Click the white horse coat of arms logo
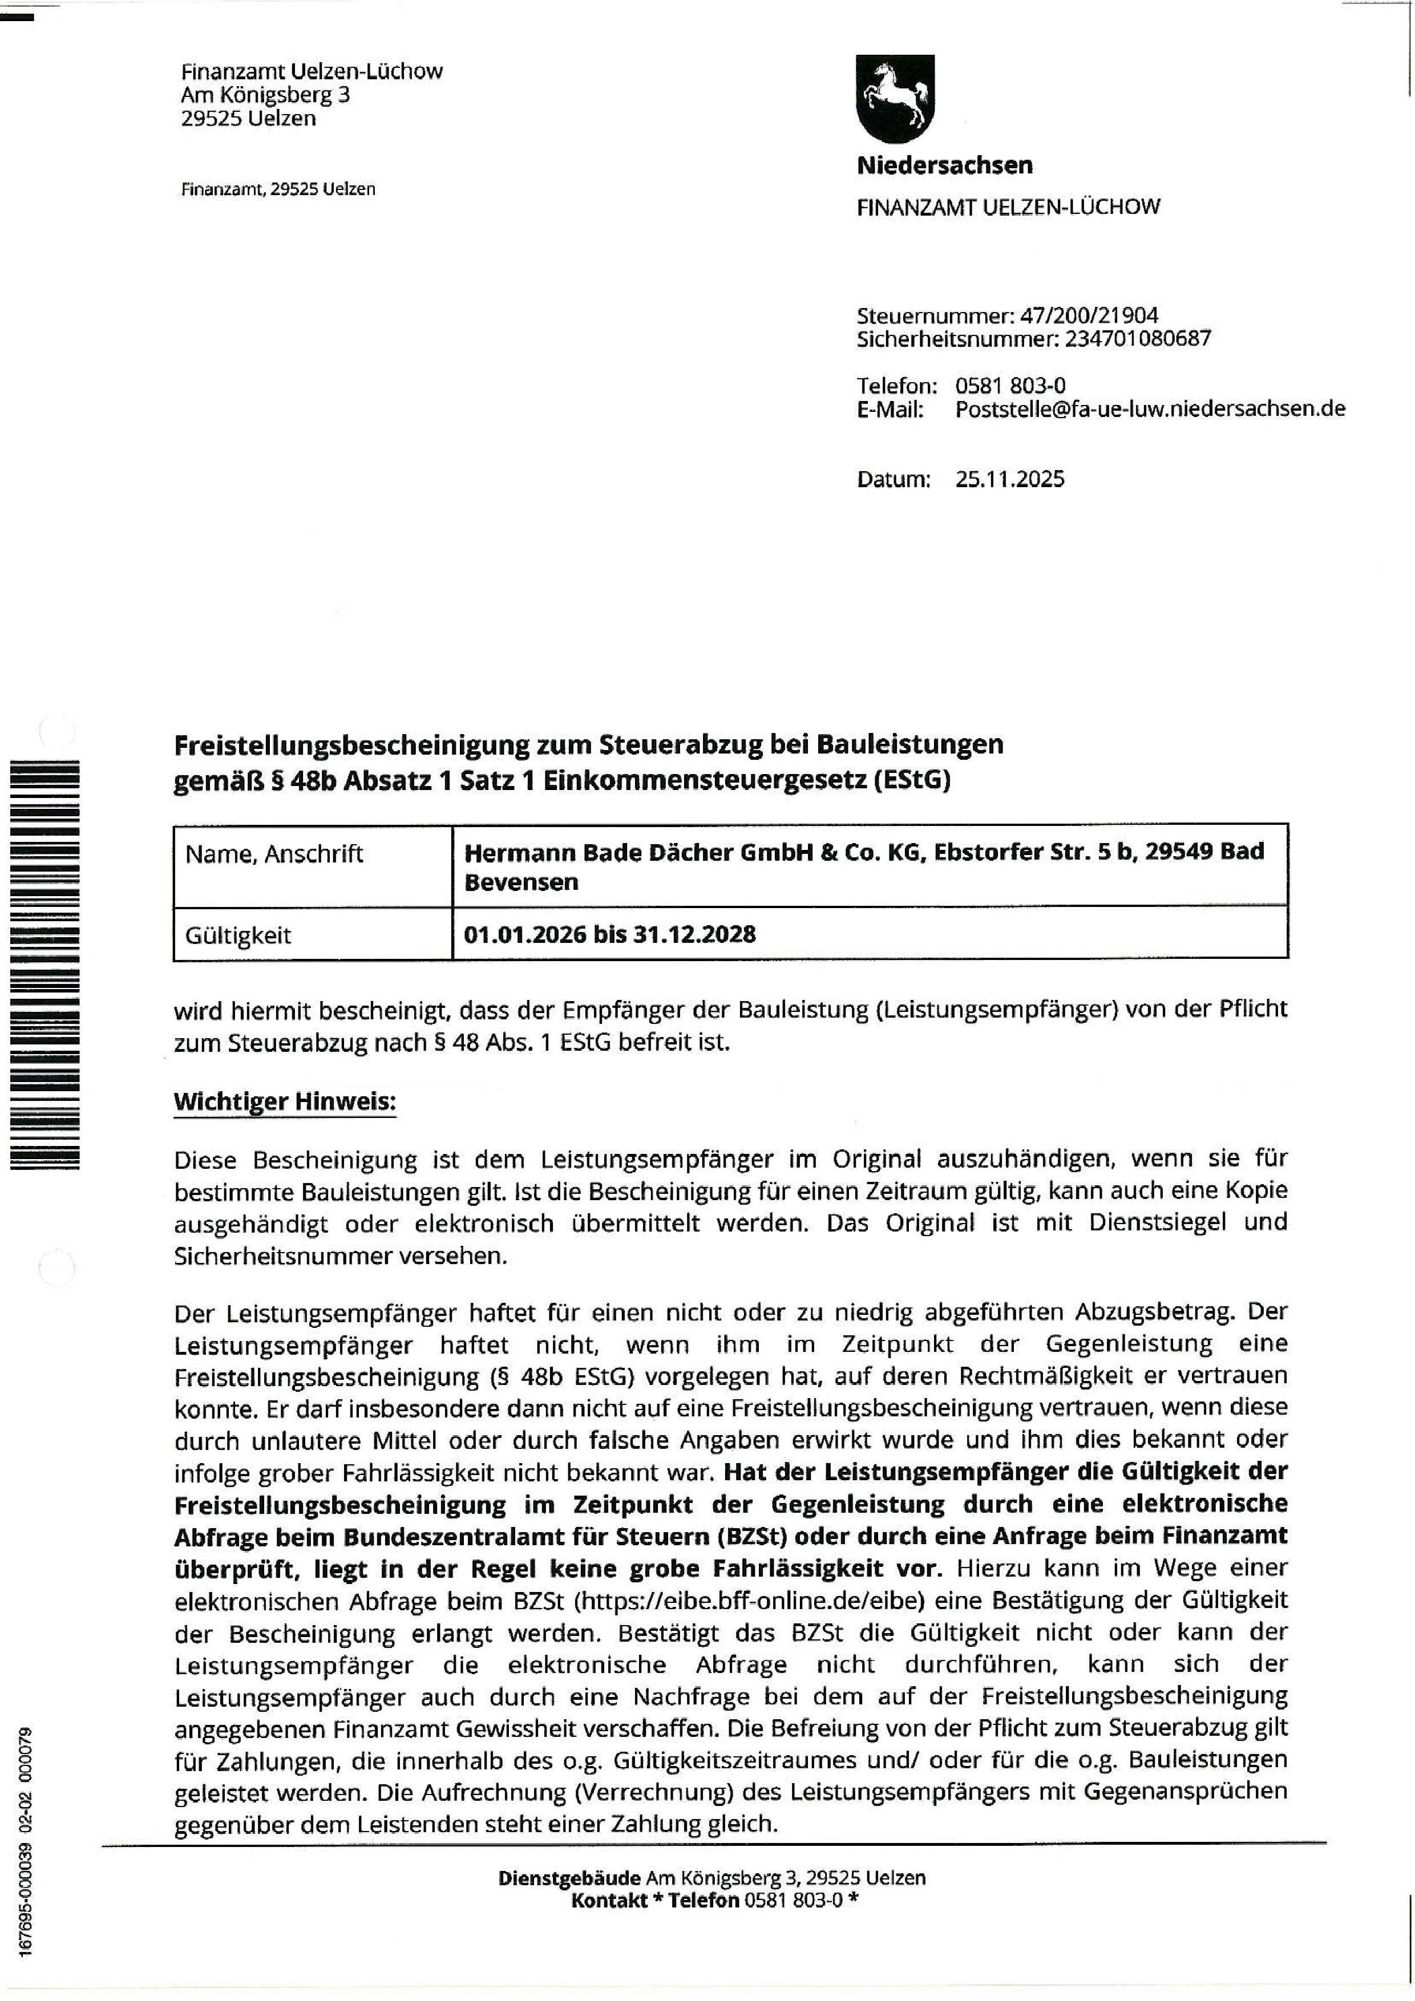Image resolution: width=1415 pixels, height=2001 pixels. pos(895,98)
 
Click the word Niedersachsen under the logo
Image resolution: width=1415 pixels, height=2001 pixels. pos(944,165)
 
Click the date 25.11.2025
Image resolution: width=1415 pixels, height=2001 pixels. pos(1009,479)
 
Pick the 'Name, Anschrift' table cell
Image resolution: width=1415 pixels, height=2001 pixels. pos(274,853)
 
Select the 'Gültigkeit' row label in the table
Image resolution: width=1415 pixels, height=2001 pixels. pos(238,935)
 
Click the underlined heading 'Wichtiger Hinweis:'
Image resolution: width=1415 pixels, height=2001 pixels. pos(284,1101)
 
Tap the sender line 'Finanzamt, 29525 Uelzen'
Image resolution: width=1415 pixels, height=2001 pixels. pos(277,188)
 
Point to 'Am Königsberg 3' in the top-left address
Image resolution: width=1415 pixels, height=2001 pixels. pos(265,94)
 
